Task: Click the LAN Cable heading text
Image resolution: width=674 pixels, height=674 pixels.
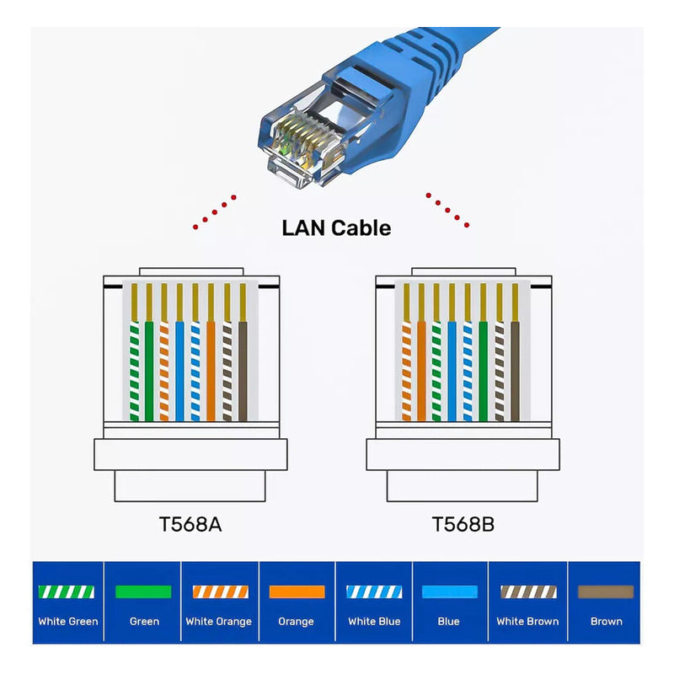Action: (x=336, y=227)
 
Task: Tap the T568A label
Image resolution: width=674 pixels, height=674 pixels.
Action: (x=190, y=524)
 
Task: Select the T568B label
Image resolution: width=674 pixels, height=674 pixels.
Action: (x=463, y=524)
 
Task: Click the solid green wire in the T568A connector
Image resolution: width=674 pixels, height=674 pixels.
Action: (x=149, y=371)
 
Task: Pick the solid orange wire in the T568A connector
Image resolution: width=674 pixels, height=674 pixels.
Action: (x=211, y=371)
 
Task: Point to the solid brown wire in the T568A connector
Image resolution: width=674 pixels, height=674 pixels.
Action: (x=243, y=371)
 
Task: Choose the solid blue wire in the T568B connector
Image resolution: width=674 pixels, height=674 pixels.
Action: (x=452, y=371)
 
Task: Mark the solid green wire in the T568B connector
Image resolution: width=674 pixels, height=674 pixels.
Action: (x=484, y=371)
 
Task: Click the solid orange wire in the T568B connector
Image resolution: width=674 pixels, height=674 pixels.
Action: (x=421, y=371)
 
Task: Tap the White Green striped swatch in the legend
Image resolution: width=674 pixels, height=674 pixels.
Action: (x=67, y=591)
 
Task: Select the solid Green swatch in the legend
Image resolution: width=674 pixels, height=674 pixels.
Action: (x=143, y=591)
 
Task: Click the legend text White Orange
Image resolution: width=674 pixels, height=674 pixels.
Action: (x=219, y=622)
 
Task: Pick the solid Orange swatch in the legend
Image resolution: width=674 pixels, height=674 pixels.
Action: (x=297, y=591)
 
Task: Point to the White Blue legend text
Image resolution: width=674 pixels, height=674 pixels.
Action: (x=373, y=622)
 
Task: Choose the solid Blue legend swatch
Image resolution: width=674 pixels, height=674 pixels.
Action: (x=449, y=591)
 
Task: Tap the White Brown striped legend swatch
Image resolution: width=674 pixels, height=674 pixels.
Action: (x=527, y=591)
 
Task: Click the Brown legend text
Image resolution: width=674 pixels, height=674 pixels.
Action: (x=606, y=622)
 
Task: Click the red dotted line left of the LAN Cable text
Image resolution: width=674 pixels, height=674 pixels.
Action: (x=214, y=211)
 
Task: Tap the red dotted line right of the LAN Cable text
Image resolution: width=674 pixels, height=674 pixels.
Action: (x=447, y=209)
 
